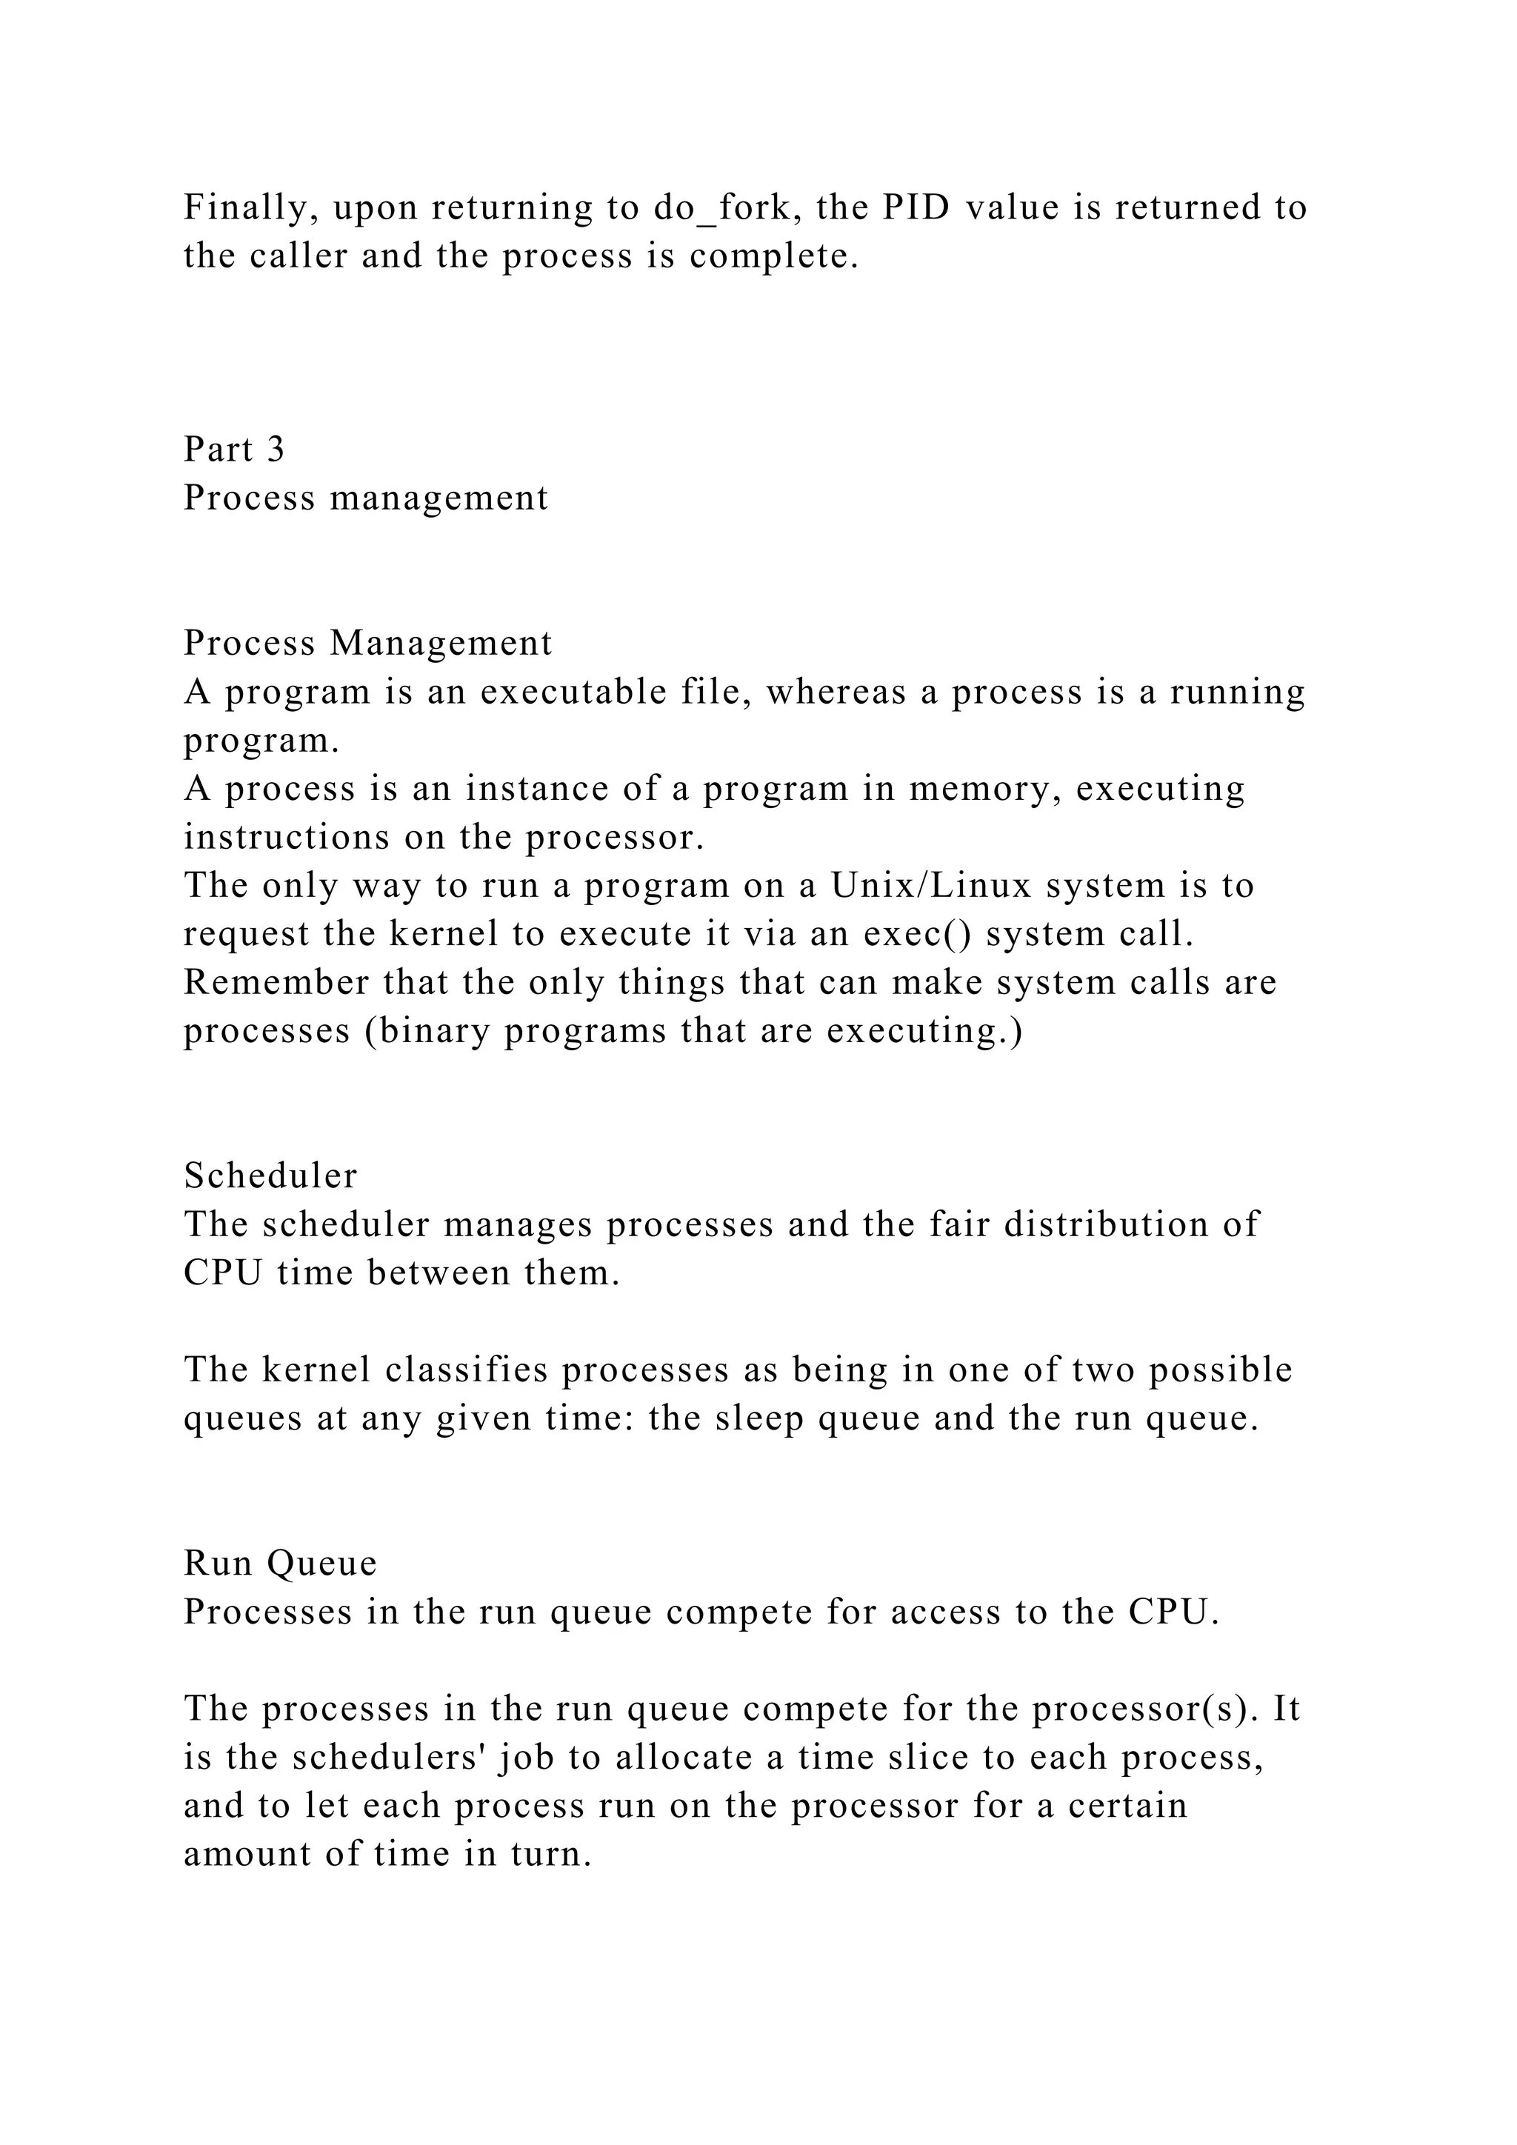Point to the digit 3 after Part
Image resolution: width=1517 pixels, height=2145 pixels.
[275, 450]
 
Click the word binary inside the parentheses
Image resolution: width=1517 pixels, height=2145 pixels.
[428, 1032]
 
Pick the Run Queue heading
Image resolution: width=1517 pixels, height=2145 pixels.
[280, 1564]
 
